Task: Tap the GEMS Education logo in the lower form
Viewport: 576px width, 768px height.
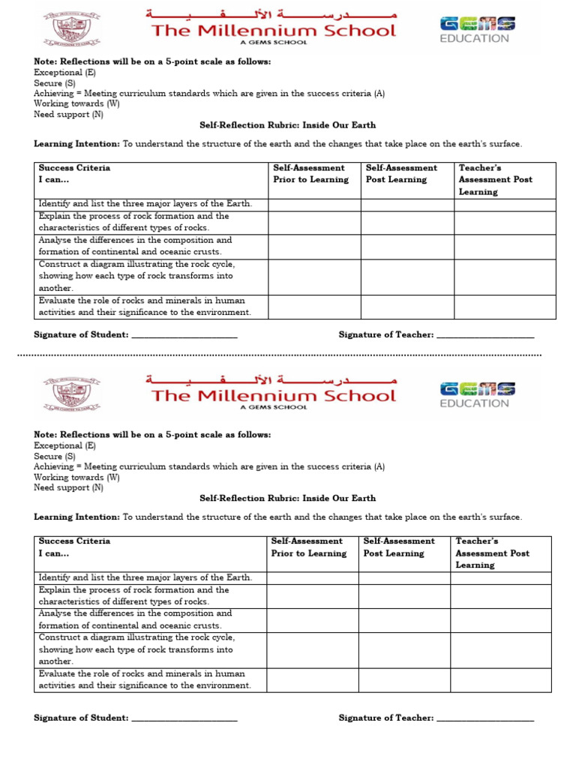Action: pos(477,394)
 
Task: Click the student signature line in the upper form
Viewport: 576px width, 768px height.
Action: pos(184,336)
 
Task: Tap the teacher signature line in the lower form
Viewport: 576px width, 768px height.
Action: pos(485,719)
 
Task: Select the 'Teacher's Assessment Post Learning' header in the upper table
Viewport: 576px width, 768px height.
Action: pos(495,180)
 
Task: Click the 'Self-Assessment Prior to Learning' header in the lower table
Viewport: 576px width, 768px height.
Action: pos(309,547)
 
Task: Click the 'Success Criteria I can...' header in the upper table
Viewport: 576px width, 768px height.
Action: pos(74,174)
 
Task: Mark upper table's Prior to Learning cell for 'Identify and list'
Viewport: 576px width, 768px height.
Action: pos(314,205)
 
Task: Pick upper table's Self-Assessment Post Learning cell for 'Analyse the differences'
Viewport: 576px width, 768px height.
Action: pos(407,247)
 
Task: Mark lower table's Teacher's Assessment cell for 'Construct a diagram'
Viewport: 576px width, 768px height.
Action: pos(500,649)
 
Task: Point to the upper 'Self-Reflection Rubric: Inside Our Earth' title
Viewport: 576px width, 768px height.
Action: pos(287,125)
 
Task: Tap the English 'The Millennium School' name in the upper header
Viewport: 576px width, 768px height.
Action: pos(274,31)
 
